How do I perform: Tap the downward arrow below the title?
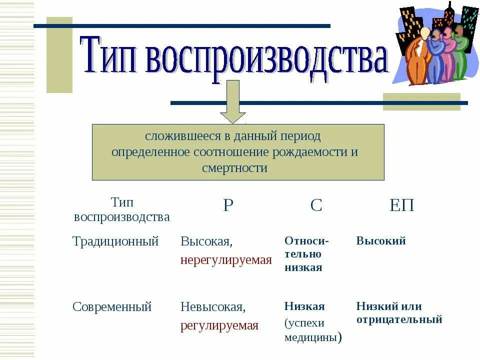[233, 102]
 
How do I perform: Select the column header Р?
[228, 205]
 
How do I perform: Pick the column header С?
[316, 205]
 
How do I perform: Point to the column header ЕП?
[402, 205]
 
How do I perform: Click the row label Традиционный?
[115, 241]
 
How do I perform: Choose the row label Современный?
[112, 307]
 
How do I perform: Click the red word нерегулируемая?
[226, 260]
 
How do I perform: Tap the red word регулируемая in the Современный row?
[219, 326]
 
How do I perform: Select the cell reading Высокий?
[381, 241]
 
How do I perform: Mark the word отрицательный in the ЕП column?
[399, 319]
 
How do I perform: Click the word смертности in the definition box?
[235, 168]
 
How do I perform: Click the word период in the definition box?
[300, 136]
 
